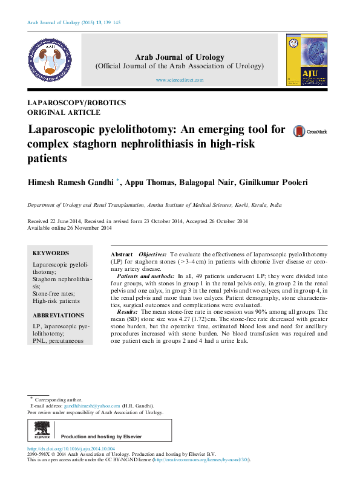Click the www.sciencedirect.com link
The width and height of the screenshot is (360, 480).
coord(180,80)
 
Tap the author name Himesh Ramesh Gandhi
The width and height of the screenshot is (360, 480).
coord(71,181)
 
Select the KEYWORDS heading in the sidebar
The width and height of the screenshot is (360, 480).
coord(51,253)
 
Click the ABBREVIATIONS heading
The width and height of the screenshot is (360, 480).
coord(58,316)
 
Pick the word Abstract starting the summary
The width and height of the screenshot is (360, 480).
coord(122,256)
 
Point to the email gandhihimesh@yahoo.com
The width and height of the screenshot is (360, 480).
coord(89,406)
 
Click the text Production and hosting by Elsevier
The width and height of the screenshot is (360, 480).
coord(102,436)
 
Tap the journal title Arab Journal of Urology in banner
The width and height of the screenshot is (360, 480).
coord(180,57)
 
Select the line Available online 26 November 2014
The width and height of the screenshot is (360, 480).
coord(70,228)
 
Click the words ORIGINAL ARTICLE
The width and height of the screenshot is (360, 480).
coord(64,112)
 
